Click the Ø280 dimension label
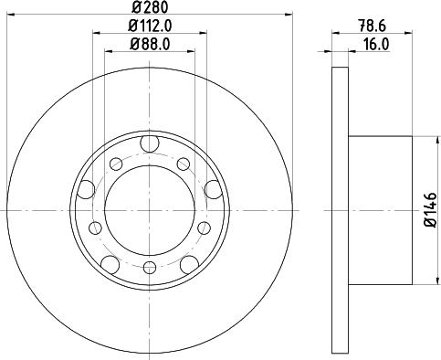coord(150,7)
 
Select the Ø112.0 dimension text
coord(150,26)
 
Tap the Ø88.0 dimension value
coord(150,44)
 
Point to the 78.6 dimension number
coord(372,26)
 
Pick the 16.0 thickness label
coord(376,45)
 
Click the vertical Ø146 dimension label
coord(431,209)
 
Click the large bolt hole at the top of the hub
coord(150,143)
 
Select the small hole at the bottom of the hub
coord(150,268)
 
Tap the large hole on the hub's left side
coord(86,189)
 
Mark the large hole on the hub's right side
coord(213,189)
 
